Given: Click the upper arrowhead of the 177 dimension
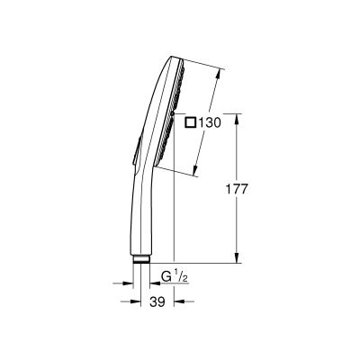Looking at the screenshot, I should [x=237, y=116].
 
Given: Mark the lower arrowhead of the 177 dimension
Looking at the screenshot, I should [x=237, y=258].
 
